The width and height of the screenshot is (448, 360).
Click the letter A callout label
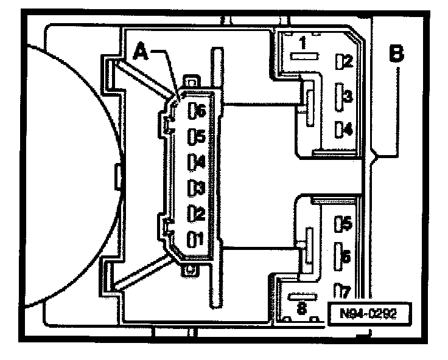pyautogui.click(x=141, y=53)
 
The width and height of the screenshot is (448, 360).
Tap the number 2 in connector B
pyautogui.click(x=348, y=61)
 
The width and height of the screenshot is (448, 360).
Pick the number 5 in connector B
pyautogui.click(x=348, y=224)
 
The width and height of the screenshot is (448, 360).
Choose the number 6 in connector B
pyautogui.click(x=346, y=258)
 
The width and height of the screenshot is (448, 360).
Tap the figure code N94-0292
pyautogui.click(x=367, y=314)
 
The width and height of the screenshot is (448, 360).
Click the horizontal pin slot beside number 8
pyautogui.click(x=303, y=297)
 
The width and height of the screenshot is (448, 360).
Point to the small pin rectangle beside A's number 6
pyautogui.click(x=192, y=111)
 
